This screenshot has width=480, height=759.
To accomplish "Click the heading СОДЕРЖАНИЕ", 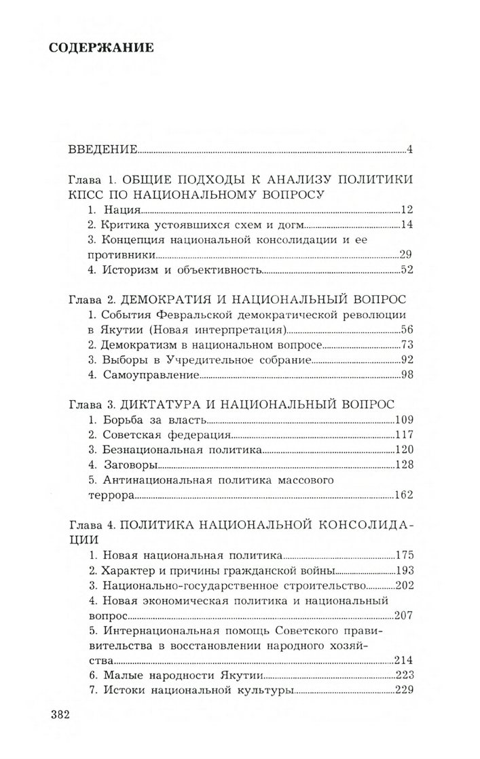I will tap(102, 48).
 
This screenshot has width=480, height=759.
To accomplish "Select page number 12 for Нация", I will tap(407, 209).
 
